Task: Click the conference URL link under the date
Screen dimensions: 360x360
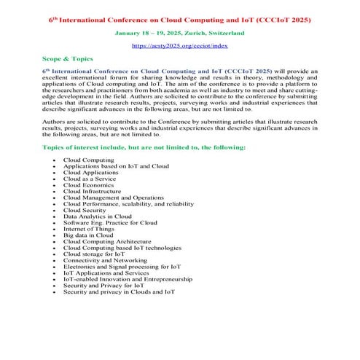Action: pos(179,45)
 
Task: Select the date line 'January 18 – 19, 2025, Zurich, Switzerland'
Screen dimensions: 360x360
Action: pos(179,33)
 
